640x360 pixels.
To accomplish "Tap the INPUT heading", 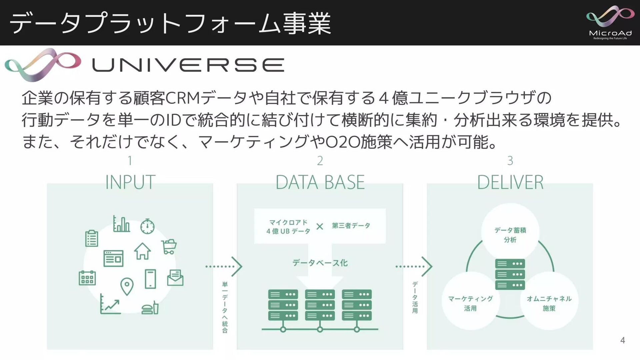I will tap(130, 182).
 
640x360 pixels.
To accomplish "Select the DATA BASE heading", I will tap(320, 182).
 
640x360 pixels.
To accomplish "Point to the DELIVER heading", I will tap(510, 182).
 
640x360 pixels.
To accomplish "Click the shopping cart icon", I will tap(169, 247).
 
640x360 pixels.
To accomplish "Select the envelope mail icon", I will tap(175, 278).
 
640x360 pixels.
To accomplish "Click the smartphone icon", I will tap(150, 279).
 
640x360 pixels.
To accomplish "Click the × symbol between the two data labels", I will tap(320, 227).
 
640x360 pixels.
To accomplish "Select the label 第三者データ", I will tap(351, 226).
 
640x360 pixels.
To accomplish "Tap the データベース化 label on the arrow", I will tap(320, 263).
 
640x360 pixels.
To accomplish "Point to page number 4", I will tap(622, 340).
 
